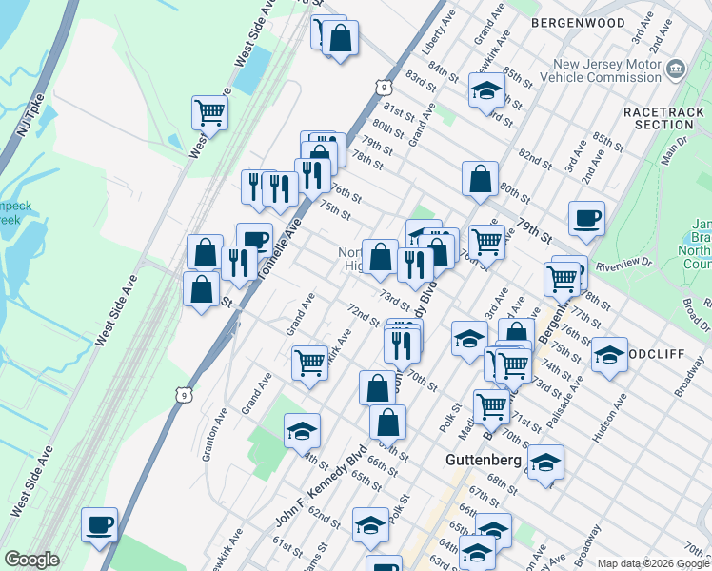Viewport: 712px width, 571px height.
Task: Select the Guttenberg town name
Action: tap(484, 460)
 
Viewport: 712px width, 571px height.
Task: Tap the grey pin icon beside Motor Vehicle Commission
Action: tap(676, 69)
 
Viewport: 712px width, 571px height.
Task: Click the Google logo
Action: tap(31, 560)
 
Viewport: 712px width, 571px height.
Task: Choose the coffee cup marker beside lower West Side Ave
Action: tap(99, 525)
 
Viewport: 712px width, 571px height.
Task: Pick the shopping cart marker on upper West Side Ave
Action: tap(209, 112)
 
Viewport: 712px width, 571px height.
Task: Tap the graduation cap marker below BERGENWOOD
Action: tap(485, 90)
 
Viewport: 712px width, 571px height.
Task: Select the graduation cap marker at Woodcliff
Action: tap(609, 356)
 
